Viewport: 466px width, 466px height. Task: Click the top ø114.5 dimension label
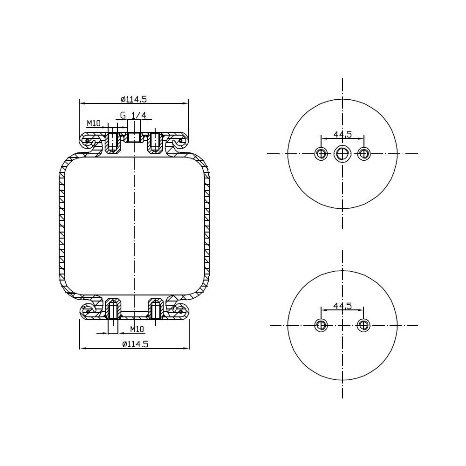[x=134, y=99]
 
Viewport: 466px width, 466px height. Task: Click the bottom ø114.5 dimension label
[x=135, y=344]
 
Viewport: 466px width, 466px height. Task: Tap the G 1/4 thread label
[x=133, y=115]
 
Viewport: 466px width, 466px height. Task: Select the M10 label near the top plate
[x=94, y=123]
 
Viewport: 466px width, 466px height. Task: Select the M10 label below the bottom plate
[x=137, y=329]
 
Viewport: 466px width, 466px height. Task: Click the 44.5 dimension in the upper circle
[x=343, y=134]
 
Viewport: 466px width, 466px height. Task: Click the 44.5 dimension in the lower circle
[x=343, y=306]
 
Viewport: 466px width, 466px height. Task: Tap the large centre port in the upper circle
[x=343, y=153]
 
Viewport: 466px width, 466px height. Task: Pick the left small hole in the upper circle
[x=321, y=153]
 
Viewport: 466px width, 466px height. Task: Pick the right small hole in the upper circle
[x=364, y=153]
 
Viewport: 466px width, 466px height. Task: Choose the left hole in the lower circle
[x=321, y=325]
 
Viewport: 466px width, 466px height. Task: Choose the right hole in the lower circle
[x=364, y=325]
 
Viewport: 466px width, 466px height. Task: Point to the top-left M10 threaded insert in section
[x=112, y=141]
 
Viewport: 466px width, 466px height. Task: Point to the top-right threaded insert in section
[x=156, y=141]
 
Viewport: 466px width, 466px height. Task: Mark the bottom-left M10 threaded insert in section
[x=112, y=309]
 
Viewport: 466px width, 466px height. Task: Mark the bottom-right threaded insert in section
[x=156, y=309]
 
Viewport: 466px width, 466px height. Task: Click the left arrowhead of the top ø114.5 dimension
[x=81, y=103]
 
